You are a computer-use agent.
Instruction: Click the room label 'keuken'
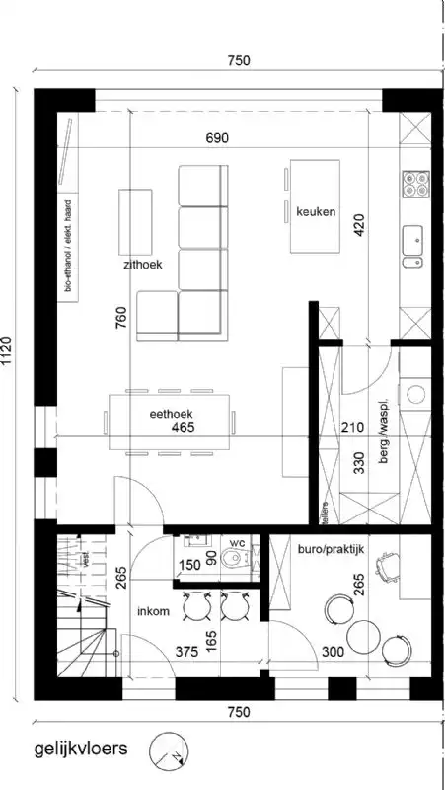pyautogui.click(x=317, y=212)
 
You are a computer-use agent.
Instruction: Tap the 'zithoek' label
pyautogui.click(x=144, y=266)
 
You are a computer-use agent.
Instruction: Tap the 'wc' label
pyautogui.click(x=237, y=543)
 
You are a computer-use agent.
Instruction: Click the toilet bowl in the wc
pyautogui.click(x=233, y=561)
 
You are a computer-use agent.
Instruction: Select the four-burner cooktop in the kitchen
pyautogui.click(x=414, y=184)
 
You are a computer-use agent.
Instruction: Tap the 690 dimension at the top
pyautogui.click(x=218, y=138)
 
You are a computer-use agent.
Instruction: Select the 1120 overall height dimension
pyautogui.click(x=10, y=351)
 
